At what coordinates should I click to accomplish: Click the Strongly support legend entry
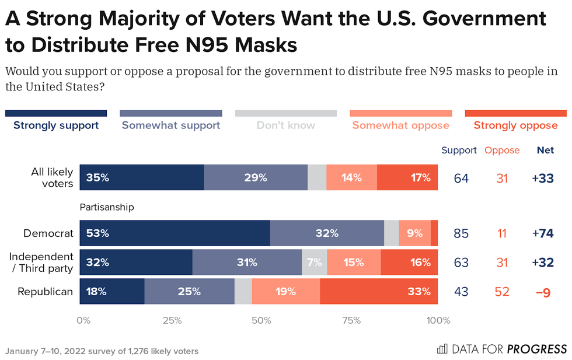[56, 125]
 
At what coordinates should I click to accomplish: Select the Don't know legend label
[286, 125]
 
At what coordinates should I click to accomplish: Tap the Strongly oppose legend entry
[515, 125]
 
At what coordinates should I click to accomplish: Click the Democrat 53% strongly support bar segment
[175, 233]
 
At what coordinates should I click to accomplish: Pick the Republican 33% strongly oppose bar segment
[379, 291]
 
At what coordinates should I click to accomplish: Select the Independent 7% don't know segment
[314, 263]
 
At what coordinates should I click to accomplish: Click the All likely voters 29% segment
[256, 177]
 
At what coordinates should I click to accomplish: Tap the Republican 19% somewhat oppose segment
[286, 291]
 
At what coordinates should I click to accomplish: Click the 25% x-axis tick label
[170, 320]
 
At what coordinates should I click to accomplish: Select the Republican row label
[46, 291]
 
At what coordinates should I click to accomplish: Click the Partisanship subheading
[107, 207]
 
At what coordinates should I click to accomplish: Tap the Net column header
[545, 150]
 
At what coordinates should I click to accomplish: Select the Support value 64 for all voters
[461, 177]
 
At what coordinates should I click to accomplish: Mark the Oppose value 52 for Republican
[502, 291]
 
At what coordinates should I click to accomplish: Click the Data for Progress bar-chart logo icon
[442, 349]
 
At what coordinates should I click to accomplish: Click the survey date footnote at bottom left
[102, 351]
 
